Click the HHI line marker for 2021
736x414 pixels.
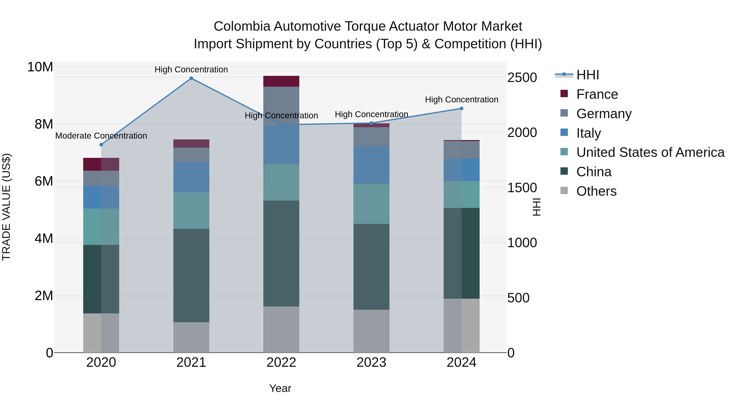point(191,78)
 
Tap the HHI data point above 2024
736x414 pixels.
point(461,109)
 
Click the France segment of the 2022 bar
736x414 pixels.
point(281,81)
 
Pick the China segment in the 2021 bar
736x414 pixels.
point(191,275)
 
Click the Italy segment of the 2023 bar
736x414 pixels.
point(371,165)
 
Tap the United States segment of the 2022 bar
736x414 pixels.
point(281,182)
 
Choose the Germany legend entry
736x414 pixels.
point(604,114)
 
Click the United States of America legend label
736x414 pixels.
point(650,153)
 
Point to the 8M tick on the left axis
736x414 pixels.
point(44,124)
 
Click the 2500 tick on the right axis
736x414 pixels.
point(522,78)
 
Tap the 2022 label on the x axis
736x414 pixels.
point(281,362)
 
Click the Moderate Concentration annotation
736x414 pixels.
point(101,136)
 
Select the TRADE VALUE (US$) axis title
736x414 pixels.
point(6,207)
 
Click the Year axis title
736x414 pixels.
point(280,388)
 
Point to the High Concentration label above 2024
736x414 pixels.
point(461,100)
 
